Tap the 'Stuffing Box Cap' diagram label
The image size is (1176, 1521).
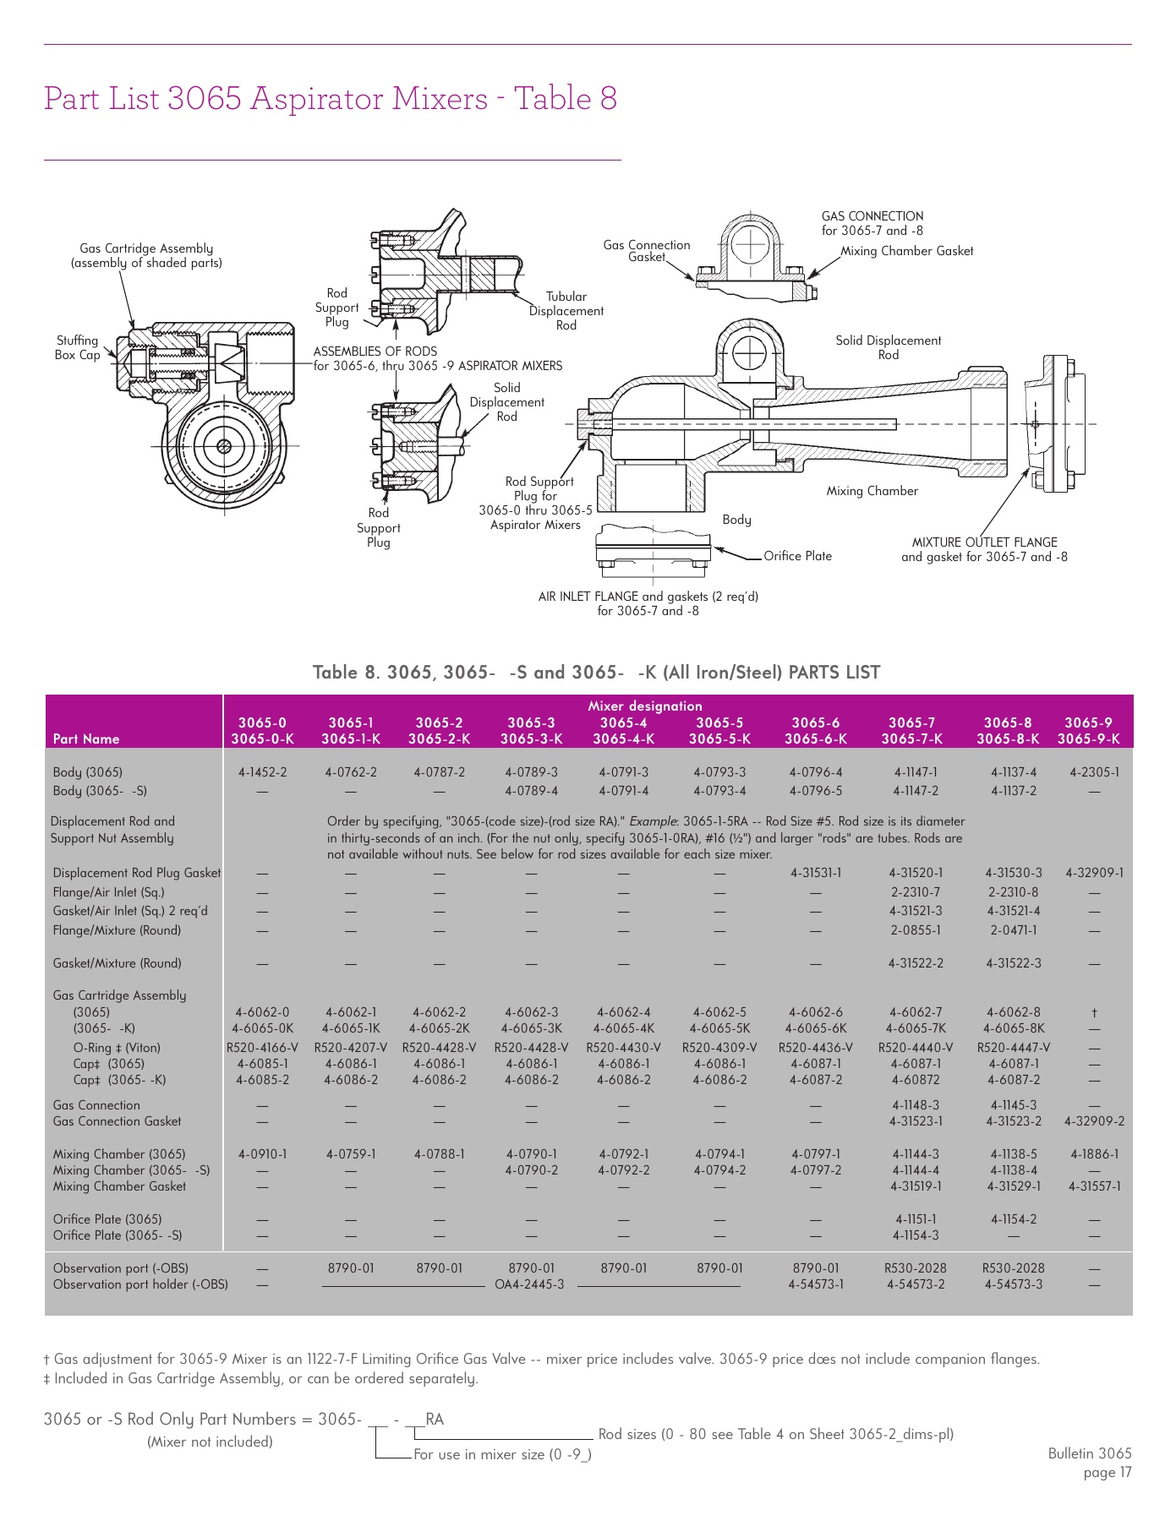pos(77,347)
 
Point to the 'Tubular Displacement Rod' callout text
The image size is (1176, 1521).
pos(566,311)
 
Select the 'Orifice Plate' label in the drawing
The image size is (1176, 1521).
pos(797,556)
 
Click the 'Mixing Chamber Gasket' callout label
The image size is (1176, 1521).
pos(906,251)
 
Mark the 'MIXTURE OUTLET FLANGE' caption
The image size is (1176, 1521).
pos(984,542)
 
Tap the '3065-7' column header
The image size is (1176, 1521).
pos(911,722)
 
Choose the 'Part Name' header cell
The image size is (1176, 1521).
pos(86,739)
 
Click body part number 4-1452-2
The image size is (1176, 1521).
pos(262,772)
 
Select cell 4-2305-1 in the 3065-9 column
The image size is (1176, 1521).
pos(1094,772)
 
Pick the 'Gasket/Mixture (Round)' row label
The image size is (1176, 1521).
pos(117,963)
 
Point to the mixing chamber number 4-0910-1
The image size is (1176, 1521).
pos(262,1154)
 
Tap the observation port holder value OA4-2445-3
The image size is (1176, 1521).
pos(529,1284)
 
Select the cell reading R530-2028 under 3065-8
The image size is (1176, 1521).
pos(1013,1268)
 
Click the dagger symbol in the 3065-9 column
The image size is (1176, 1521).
pos(1094,1012)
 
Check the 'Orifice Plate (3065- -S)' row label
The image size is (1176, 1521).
pos(117,1235)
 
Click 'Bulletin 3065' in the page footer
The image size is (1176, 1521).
pos(1089,1453)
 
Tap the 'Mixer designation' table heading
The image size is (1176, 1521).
pos(644,706)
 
